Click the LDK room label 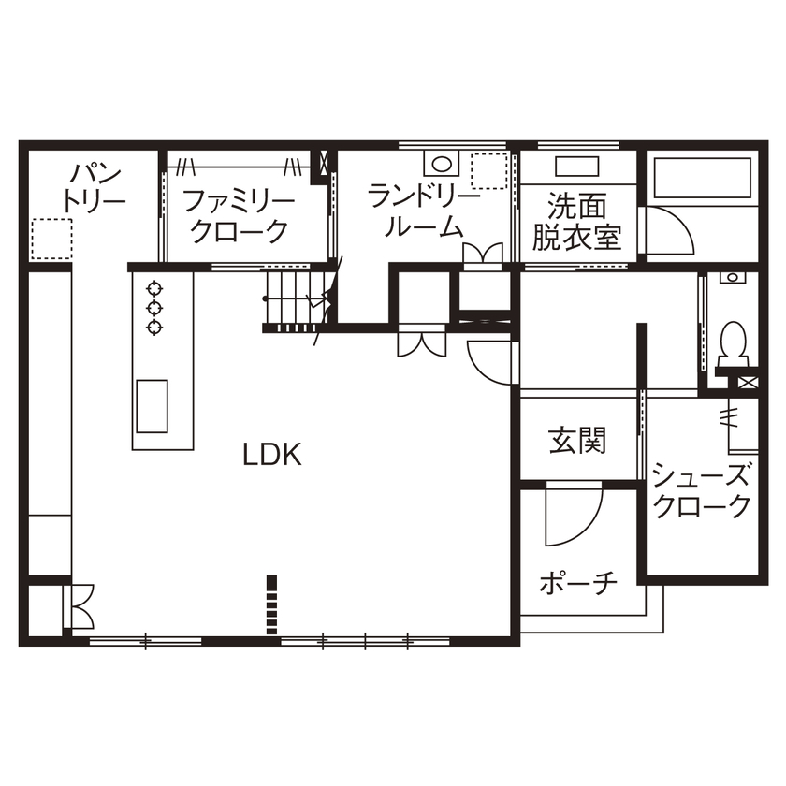(271, 456)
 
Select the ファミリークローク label (239, 215)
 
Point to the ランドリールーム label (424, 211)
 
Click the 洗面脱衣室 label (577, 221)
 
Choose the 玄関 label (577, 439)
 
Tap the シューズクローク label (702, 490)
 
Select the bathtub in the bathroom (702, 178)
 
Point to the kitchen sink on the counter (152, 405)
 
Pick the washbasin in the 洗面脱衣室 (577, 166)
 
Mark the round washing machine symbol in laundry (441, 165)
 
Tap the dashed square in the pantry (51, 240)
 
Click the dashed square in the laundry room (488, 171)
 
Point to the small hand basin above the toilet (731, 278)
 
